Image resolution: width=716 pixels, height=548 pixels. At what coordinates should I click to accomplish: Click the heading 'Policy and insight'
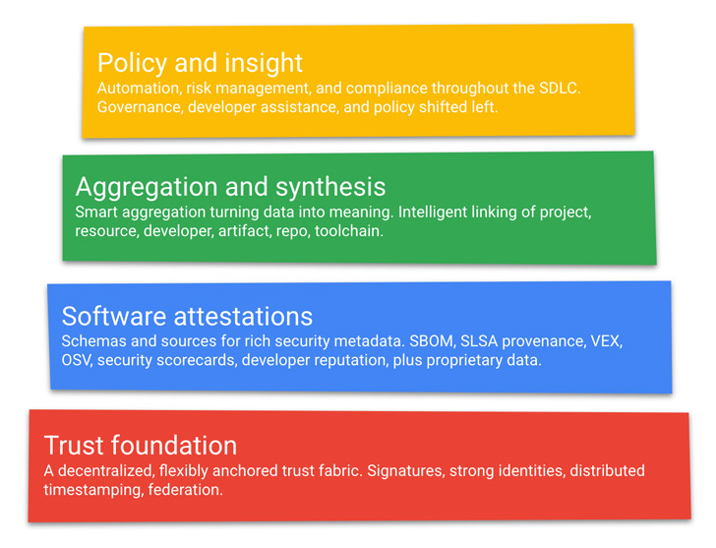(x=200, y=63)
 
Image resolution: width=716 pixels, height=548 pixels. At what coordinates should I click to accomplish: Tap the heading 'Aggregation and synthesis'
(x=230, y=187)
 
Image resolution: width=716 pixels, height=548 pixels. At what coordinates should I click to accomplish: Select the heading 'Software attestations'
(x=187, y=316)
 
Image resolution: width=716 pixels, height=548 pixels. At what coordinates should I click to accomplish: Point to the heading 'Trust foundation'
(x=141, y=445)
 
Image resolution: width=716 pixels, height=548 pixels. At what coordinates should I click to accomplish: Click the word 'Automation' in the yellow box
(x=136, y=89)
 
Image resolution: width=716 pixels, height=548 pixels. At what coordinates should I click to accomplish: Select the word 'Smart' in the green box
(x=96, y=212)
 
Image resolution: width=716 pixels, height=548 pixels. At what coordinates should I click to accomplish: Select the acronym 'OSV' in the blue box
(x=77, y=360)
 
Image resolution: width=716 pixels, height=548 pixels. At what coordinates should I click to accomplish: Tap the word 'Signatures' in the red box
(x=404, y=470)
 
